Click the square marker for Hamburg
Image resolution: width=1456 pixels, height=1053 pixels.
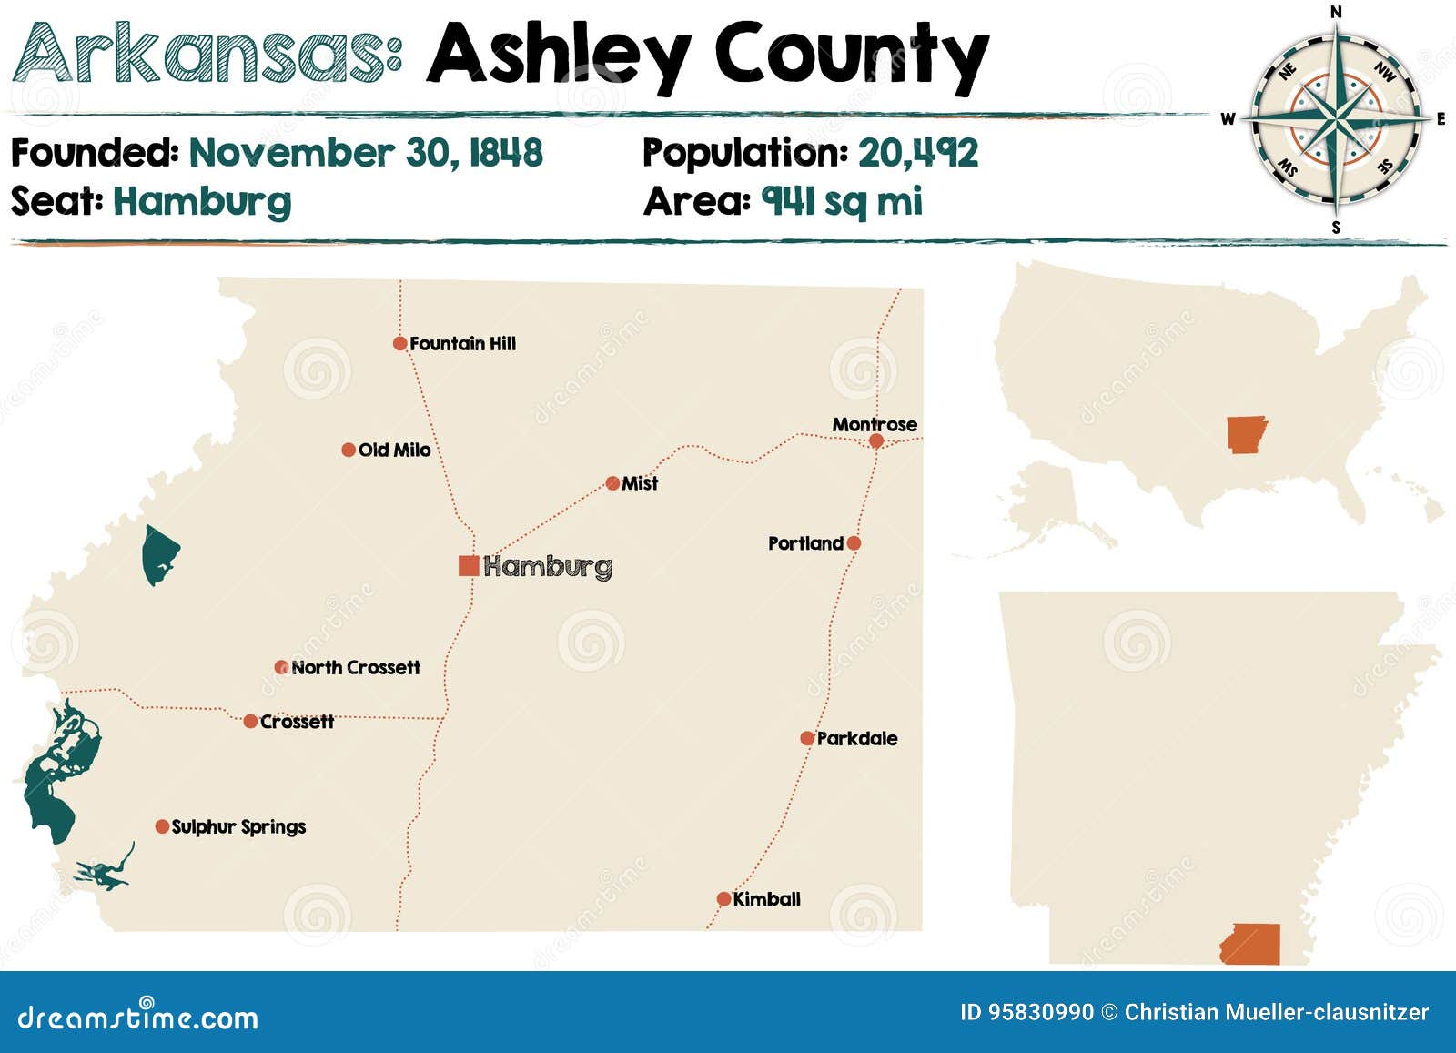469,566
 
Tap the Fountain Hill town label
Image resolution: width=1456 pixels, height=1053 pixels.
462,344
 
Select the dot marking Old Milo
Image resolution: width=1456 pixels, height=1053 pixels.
349,450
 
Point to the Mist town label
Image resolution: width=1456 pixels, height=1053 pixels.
640,483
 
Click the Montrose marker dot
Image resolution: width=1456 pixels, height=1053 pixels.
876,440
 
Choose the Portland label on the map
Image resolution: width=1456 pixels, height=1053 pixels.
805,543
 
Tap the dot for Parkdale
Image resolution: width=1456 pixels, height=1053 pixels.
807,738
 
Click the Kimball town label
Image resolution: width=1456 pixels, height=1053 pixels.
767,899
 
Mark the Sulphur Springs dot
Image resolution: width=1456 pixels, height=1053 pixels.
162,826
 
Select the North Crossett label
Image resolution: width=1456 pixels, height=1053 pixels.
356,668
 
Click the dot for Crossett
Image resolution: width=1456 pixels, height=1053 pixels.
250,722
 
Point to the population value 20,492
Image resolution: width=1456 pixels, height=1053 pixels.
918,153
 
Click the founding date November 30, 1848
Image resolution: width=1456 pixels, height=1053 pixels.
366,153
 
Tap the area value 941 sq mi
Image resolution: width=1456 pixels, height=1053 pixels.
842,202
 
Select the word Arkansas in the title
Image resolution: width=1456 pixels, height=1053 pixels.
207,55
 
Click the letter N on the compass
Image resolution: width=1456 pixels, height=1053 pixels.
1336,12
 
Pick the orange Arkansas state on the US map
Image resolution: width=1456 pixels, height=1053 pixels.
1246,434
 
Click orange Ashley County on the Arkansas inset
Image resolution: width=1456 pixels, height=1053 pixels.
1251,945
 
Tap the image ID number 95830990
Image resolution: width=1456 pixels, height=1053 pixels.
1041,1012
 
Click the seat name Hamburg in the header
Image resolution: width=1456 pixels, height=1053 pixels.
202,202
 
